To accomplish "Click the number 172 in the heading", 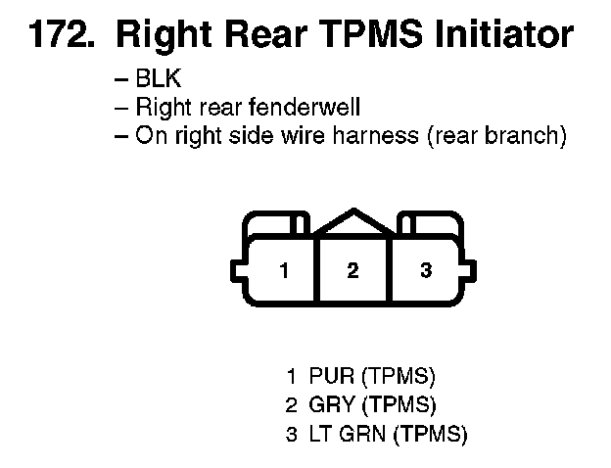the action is (58, 36).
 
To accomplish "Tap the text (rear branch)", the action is (495, 135).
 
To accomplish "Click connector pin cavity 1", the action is (284, 270).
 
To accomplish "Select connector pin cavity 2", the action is (352, 270).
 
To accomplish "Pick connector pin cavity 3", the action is (426, 270).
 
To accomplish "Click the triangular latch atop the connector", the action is (352, 223).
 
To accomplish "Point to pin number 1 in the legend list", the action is (291, 375).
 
